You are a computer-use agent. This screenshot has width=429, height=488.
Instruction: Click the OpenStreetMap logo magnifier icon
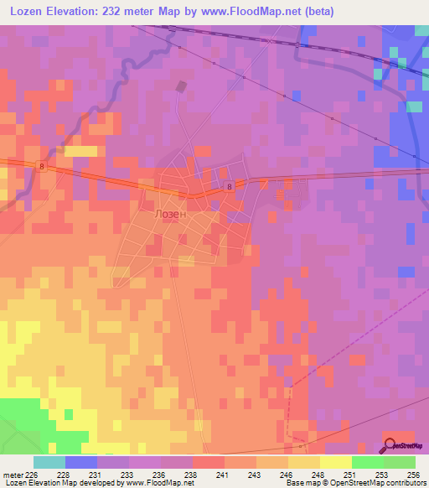click(x=390, y=445)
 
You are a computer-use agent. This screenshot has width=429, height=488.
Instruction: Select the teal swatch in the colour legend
click(x=49, y=462)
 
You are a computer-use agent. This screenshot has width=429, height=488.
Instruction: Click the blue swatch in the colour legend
click(x=81, y=462)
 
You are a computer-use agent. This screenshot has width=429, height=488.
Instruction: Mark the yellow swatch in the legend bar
click(x=335, y=462)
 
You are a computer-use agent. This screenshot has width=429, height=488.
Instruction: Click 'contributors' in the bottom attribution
click(x=406, y=484)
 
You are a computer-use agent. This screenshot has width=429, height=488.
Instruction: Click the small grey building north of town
click(x=180, y=86)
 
